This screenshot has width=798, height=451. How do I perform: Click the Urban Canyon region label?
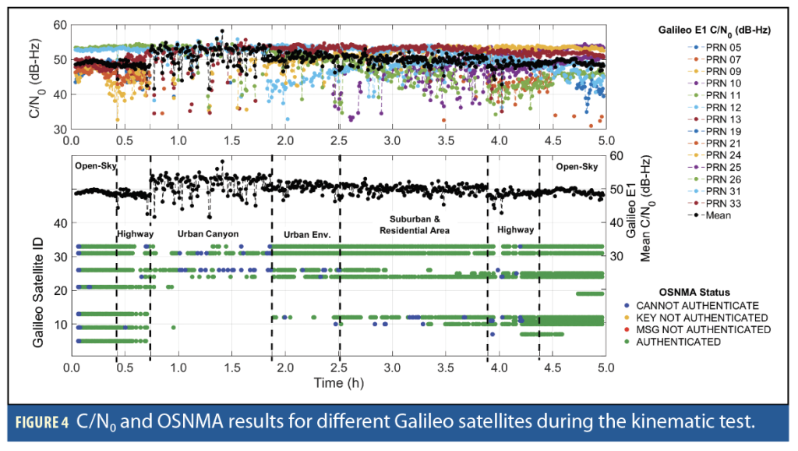[207, 233]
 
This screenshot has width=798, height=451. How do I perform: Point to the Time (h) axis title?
[338, 382]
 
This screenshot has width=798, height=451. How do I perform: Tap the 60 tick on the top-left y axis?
[57, 25]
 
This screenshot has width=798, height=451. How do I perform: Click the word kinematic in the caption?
[634, 423]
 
